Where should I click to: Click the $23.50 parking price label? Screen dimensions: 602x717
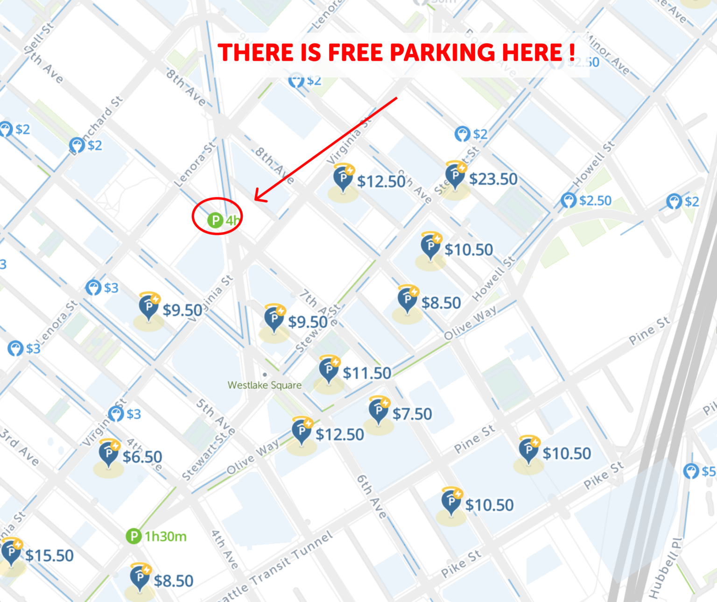[x=493, y=179]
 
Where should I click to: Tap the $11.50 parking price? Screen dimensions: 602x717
[x=367, y=373]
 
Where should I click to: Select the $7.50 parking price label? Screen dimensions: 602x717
[x=412, y=414]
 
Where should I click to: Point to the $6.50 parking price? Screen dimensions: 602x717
[x=142, y=457]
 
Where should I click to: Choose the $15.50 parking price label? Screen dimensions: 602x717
[x=49, y=555]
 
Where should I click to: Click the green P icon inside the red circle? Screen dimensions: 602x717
[x=215, y=220]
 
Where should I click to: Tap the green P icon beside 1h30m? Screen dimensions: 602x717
[x=134, y=536]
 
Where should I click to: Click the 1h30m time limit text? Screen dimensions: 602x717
[x=165, y=537]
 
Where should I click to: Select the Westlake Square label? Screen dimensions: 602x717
[x=264, y=385]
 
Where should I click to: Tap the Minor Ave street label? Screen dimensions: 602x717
[x=607, y=54]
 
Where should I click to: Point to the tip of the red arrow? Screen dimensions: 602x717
[x=255, y=200]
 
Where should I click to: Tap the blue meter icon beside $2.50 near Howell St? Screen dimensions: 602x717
[x=569, y=201]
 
